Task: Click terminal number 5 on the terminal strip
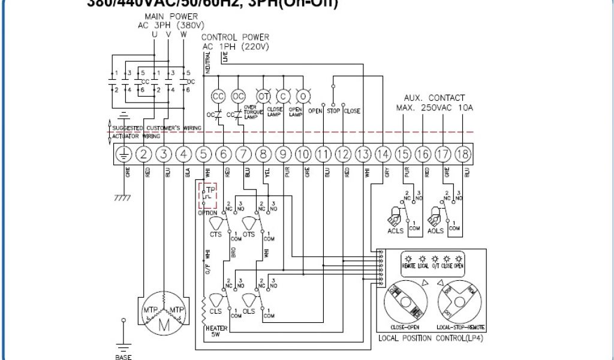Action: click(x=203, y=154)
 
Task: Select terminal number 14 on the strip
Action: click(x=383, y=154)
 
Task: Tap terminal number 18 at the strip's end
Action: click(x=462, y=154)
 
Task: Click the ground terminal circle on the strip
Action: click(x=124, y=154)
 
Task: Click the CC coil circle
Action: click(x=218, y=95)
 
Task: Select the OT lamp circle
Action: click(x=263, y=95)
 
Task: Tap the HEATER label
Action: click(x=215, y=328)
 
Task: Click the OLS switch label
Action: click(x=249, y=311)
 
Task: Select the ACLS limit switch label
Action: click(x=396, y=230)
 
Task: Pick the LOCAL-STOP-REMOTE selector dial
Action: click(x=460, y=302)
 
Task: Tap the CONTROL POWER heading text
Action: click(x=235, y=38)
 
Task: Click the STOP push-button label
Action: click(x=333, y=111)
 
